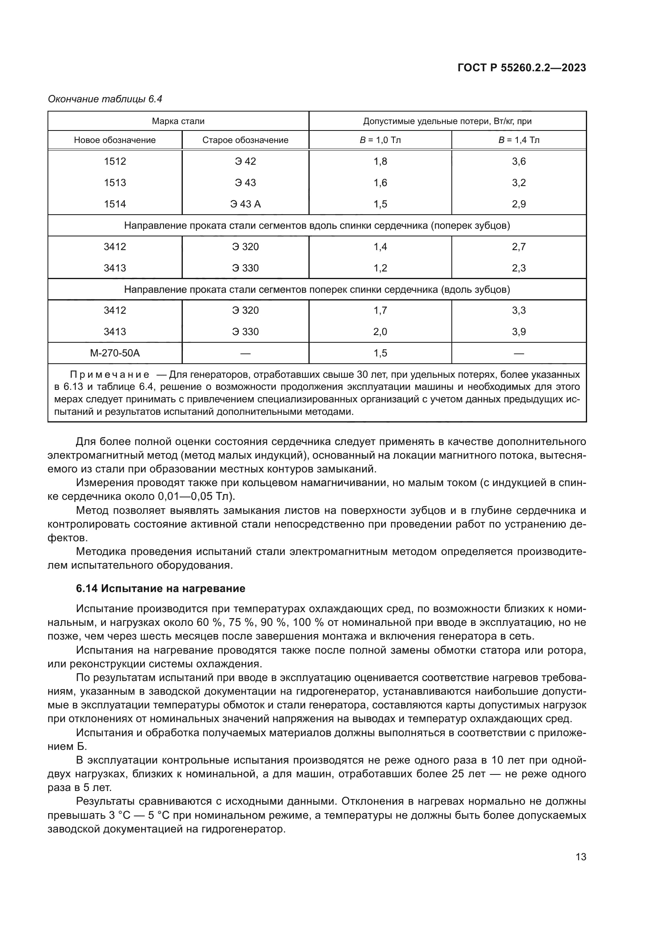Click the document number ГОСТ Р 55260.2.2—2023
[521, 68]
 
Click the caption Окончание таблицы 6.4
[105, 99]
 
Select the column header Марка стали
[178, 121]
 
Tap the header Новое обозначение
[115, 140]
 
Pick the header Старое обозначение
[245, 140]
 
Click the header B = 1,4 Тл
[519, 140]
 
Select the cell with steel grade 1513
[115, 182]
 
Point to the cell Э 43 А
[245, 204]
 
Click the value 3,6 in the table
[519, 161]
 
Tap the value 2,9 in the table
[519, 204]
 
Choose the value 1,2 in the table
[380, 268]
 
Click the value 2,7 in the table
[519, 246]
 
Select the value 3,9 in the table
[519, 331]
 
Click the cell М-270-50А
[115, 353]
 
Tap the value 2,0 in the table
[380, 331]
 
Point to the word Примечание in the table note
[110, 375]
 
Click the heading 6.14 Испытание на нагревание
[160, 588]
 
